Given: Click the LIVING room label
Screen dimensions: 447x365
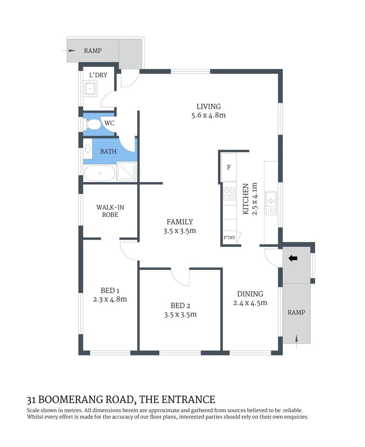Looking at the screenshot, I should point(208,107).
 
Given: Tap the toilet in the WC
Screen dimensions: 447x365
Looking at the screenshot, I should point(93,124).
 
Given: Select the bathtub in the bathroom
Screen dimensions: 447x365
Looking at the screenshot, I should point(100,173).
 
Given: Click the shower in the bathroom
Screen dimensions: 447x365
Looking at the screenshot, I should point(127,171).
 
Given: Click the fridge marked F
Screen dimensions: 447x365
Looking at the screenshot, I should point(229,167).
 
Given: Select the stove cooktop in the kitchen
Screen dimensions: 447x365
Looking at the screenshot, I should point(230,194).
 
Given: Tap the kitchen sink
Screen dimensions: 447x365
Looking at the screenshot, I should point(270,203).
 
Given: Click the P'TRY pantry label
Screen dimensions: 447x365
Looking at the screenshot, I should point(230,237).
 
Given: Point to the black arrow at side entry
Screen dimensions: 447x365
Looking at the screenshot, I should point(293,258).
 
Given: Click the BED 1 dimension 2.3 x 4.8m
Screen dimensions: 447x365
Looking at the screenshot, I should point(110,299).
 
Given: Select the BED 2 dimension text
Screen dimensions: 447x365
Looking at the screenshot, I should point(180,314).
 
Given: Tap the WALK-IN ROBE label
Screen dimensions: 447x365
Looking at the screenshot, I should point(107,211).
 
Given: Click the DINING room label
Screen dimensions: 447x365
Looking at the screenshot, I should point(250,294).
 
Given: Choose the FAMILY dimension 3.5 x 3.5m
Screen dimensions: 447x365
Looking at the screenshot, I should point(180,230).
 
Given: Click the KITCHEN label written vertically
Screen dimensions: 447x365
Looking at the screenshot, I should point(246,199).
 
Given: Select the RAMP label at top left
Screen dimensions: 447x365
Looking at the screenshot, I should point(92,51).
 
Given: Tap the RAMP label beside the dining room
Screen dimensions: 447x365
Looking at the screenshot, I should point(296,312).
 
